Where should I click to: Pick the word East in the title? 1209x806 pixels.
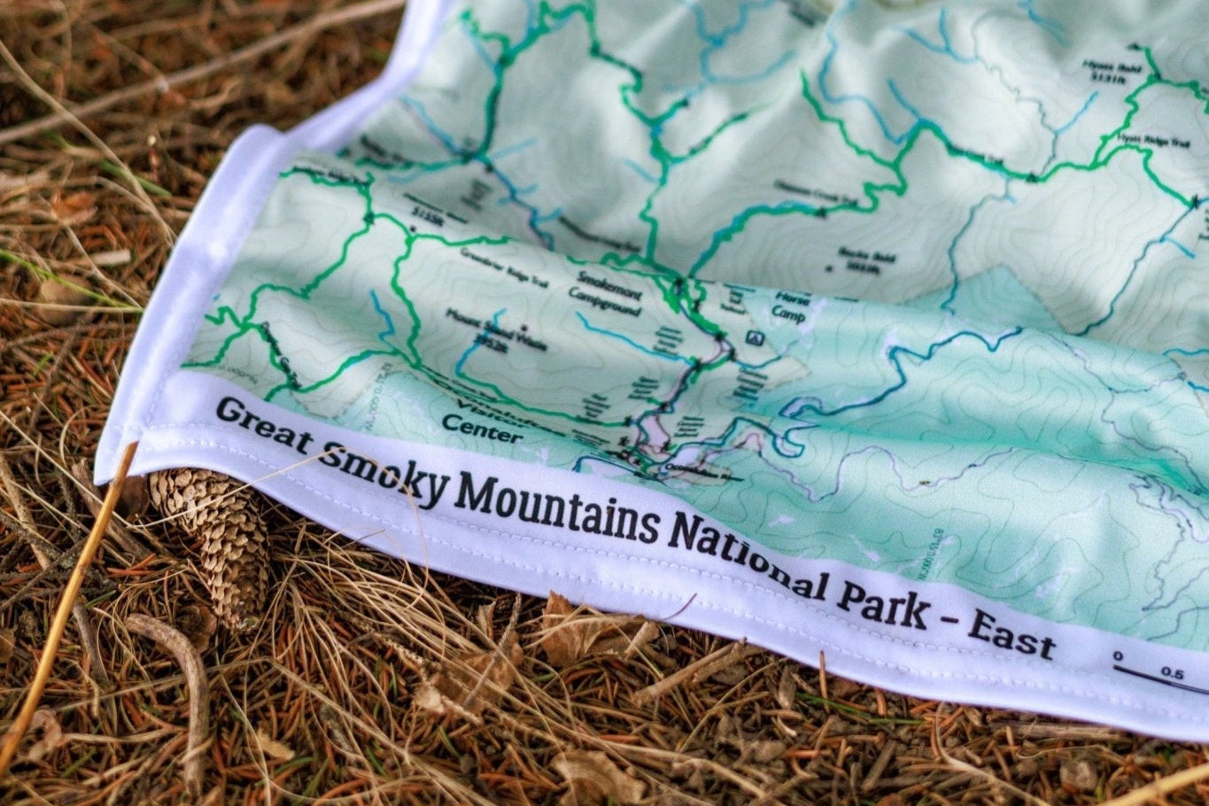[1011, 635]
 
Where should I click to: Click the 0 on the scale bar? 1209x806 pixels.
[1119, 656]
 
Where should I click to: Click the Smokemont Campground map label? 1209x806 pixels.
[608, 293]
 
